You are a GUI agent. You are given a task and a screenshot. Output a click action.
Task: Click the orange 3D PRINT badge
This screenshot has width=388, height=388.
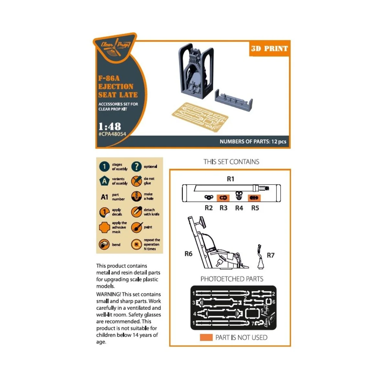[x=269, y=49]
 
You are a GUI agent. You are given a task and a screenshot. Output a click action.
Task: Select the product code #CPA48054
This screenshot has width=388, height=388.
[x=112, y=134]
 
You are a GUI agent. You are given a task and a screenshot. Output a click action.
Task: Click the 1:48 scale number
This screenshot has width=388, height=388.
[x=110, y=126]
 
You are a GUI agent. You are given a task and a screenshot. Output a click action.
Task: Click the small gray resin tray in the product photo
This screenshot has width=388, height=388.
[x=233, y=100]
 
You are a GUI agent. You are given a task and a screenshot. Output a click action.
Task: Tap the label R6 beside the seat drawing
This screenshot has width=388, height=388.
[x=188, y=254]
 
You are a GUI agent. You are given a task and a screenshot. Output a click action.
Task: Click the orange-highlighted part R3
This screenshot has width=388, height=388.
[x=223, y=198]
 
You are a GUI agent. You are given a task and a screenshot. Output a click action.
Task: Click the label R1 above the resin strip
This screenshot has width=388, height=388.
[x=231, y=179]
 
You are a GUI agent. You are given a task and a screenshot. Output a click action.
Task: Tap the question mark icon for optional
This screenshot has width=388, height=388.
[x=136, y=167]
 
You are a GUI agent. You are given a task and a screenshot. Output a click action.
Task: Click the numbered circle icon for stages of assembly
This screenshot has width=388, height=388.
[x=104, y=167]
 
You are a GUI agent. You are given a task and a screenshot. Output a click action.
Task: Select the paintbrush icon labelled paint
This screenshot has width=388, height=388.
[x=136, y=227]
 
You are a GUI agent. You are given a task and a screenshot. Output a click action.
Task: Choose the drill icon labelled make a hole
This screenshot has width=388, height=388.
[x=136, y=196]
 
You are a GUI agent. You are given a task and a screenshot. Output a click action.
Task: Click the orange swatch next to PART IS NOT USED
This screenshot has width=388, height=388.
[x=206, y=338]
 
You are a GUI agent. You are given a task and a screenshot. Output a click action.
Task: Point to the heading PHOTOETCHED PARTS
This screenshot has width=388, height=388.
[x=232, y=279]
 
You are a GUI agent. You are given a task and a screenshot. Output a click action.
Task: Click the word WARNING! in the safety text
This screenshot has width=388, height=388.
[x=108, y=294]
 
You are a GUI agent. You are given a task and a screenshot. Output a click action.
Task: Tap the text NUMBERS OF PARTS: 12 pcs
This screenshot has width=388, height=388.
[x=253, y=142]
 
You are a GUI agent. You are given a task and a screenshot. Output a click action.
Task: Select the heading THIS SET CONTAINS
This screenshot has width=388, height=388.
[x=231, y=162]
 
